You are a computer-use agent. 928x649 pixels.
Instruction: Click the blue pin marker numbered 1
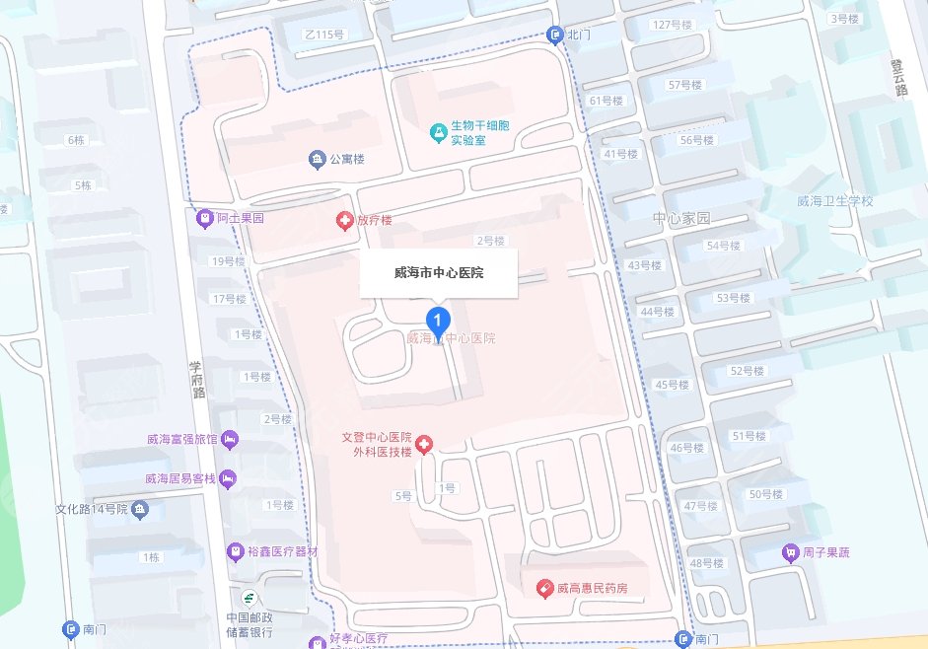[438, 320]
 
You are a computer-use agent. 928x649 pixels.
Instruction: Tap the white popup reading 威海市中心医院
[438, 272]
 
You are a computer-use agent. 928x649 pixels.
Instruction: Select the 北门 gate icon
[555, 35]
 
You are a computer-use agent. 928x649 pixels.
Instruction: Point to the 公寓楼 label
[347, 159]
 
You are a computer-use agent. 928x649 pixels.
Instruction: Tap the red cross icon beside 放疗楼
[345, 221]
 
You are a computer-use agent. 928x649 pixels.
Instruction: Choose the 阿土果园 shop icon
[205, 217]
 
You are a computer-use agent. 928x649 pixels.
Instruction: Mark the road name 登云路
[899, 76]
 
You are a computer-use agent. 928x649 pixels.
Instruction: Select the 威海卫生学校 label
[835, 201]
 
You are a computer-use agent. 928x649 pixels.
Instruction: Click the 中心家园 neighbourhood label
[681, 218]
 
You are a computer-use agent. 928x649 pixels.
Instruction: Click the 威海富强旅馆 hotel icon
[229, 438]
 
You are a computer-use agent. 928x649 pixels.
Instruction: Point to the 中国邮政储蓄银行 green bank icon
[249, 597]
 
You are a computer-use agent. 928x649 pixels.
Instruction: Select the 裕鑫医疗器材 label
[283, 550]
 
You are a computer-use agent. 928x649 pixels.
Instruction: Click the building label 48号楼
[706, 563]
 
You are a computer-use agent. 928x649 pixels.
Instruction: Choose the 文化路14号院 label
[92, 510]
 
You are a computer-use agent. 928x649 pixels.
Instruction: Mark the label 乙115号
[324, 35]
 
